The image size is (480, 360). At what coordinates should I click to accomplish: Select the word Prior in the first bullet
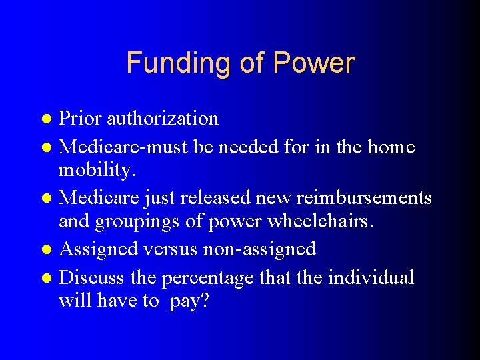tap(80, 119)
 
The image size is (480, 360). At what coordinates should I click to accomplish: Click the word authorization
tap(163, 119)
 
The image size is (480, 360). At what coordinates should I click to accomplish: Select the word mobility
tap(97, 171)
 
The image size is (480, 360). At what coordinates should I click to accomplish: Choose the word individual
tap(371, 276)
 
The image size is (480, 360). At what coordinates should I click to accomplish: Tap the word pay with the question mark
tap(189, 301)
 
